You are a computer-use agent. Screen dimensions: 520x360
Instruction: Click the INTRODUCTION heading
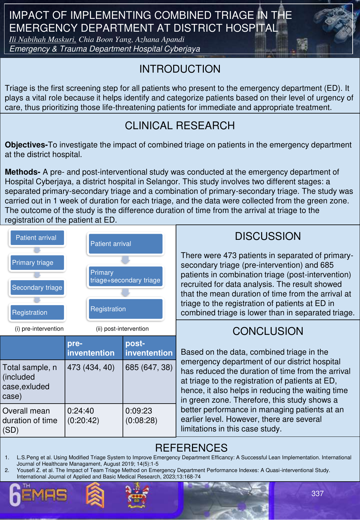coord(180,69)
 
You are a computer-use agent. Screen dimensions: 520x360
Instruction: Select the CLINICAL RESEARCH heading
coord(180,126)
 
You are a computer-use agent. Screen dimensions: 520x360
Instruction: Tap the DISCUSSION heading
coord(268,236)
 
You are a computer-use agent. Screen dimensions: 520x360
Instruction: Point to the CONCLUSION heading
coord(268,331)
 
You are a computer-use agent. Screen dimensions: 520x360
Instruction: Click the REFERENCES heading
coord(191,448)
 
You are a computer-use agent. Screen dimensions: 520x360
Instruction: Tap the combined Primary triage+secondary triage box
coord(125,276)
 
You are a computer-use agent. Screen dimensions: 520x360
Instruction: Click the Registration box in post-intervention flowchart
coord(125,309)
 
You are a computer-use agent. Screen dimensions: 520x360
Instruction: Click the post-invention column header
coord(149,348)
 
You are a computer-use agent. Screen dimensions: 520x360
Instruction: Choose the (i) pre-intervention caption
coord(39,329)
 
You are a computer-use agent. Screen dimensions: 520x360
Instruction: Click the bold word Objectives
coord(26,145)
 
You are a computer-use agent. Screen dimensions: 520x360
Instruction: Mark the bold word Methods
coord(22,172)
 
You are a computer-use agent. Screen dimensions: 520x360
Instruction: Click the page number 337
coord(317,493)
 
